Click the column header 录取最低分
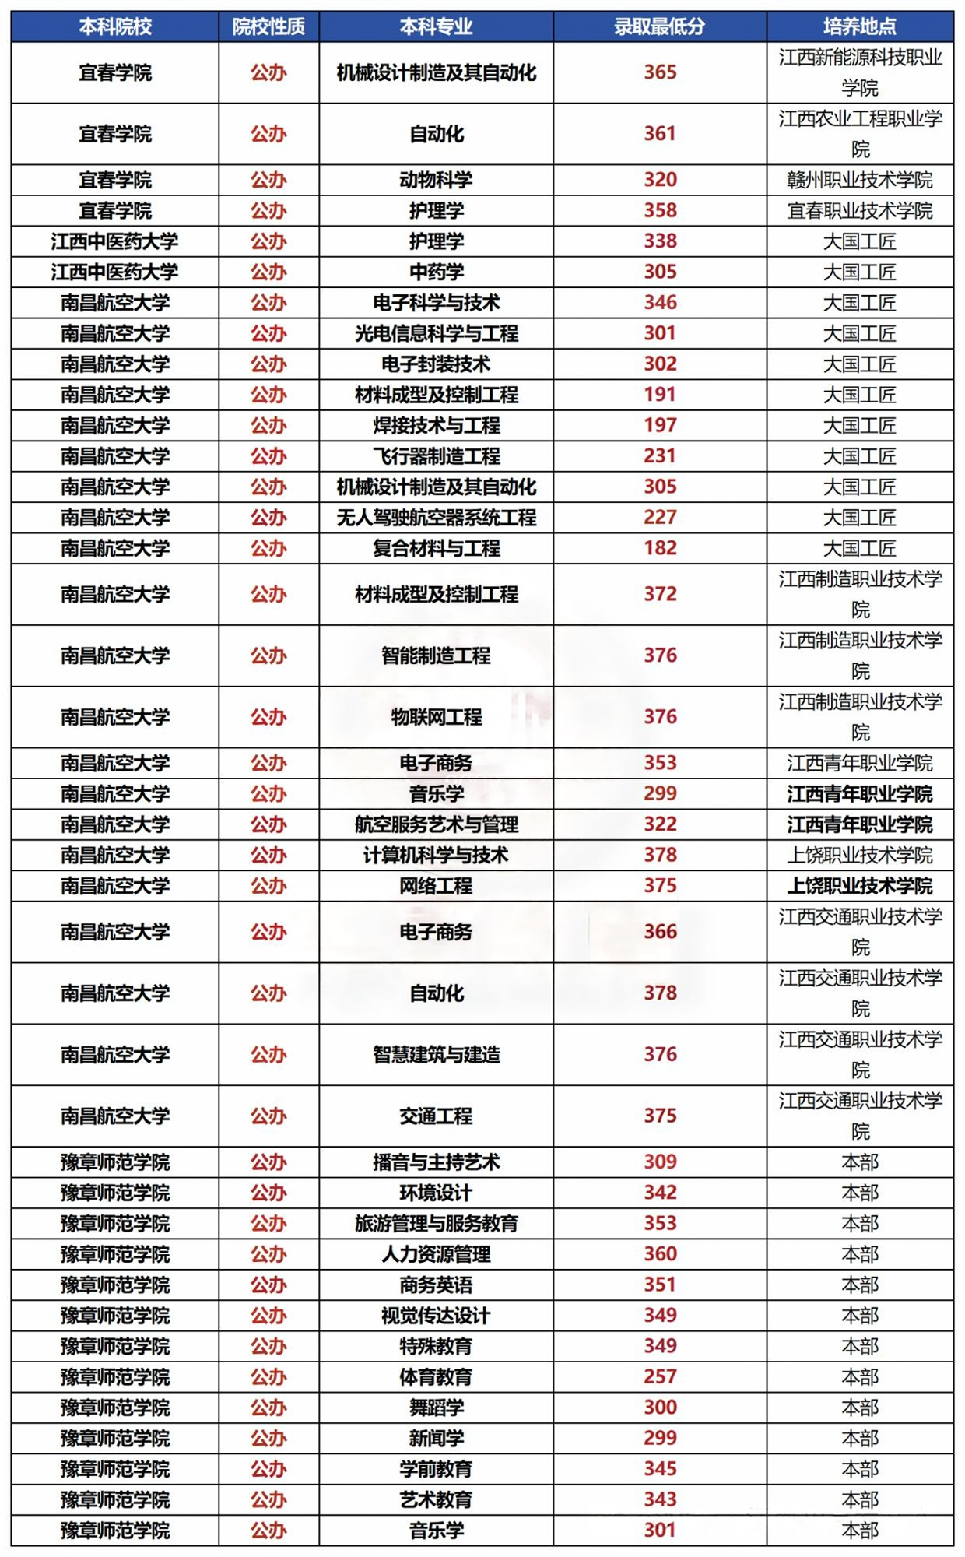(659, 27)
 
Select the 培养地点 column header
(859, 27)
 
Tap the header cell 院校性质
(268, 27)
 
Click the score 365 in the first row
(660, 72)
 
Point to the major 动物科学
(436, 180)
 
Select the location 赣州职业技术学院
(859, 180)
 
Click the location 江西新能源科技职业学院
(859, 72)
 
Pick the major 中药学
(436, 272)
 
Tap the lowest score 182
(660, 548)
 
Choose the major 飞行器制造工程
(436, 456)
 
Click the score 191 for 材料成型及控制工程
(660, 395)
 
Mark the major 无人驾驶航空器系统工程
(436, 518)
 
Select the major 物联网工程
(436, 717)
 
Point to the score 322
(660, 824)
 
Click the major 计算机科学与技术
(436, 855)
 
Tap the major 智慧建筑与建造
(436, 1055)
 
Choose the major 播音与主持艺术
(436, 1162)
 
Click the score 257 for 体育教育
(660, 1376)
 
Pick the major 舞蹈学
(436, 1408)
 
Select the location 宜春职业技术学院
(859, 211)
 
